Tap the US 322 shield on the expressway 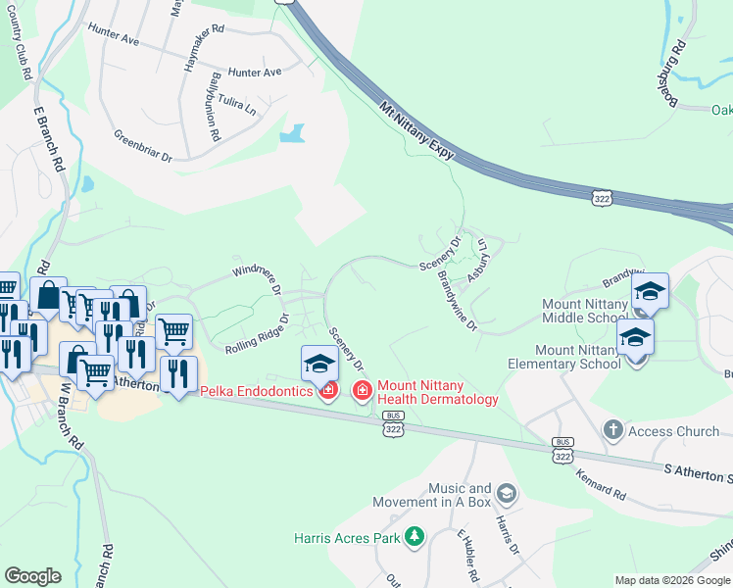click(x=603, y=198)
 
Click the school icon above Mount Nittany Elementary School click(x=636, y=338)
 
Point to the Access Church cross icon click(x=613, y=430)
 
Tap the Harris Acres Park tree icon click(x=415, y=536)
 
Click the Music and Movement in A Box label click(x=432, y=495)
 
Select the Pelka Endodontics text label click(x=257, y=391)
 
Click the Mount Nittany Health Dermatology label click(x=437, y=392)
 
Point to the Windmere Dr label click(x=258, y=279)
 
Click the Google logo click(x=32, y=576)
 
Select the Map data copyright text click(x=671, y=580)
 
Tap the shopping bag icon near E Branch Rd click(x=48, y=295)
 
